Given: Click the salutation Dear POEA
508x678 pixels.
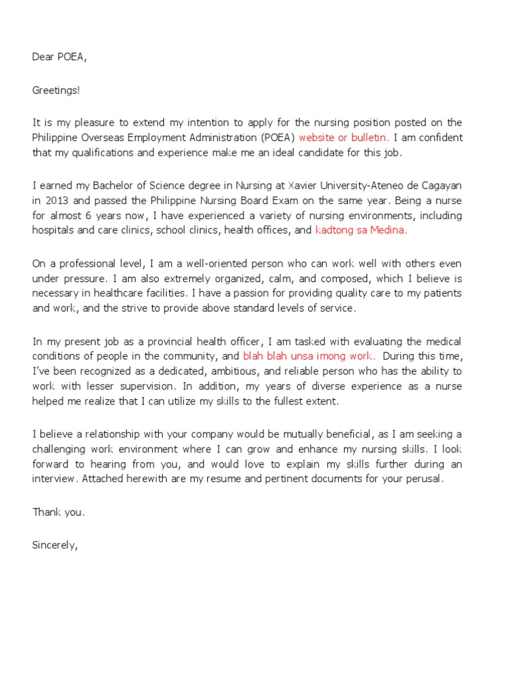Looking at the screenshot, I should (x=60, y=57).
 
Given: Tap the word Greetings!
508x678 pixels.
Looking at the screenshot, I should (x=56, y=90).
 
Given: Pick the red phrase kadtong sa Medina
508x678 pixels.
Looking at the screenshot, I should (x=361, y=230).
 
